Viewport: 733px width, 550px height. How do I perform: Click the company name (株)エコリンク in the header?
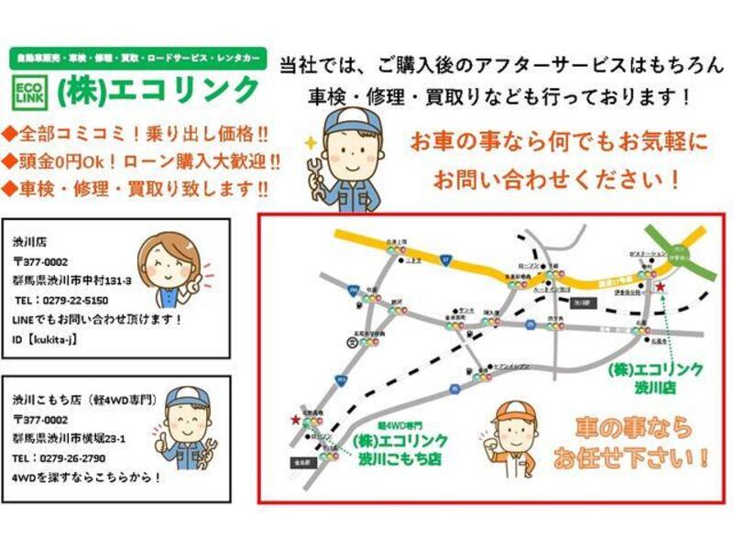click(159, 91)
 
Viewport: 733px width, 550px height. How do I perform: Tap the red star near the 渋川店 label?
click(662, 288)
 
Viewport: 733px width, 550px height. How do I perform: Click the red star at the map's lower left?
click(295, 420)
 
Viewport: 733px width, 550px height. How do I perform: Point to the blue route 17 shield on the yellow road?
click(444, 260)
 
